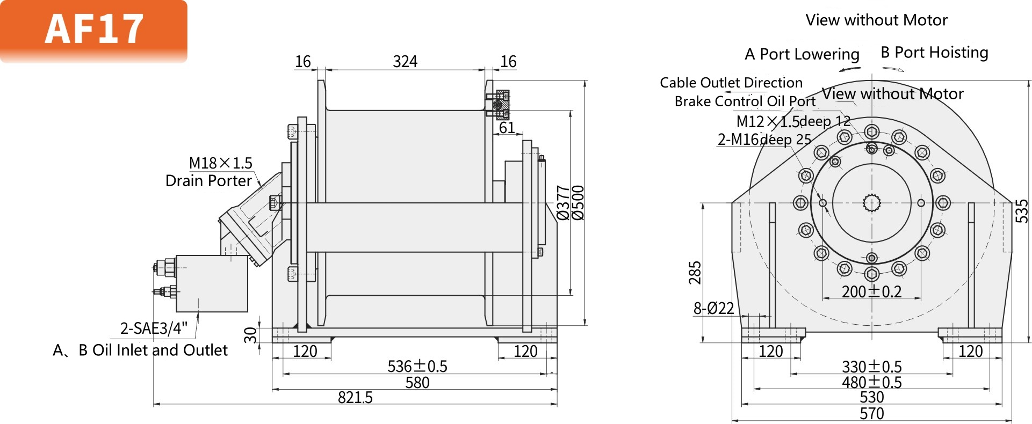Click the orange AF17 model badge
point(94,30)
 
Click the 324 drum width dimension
point(405,62)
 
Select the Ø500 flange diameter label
point(578,203)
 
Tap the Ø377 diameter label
point(563,203)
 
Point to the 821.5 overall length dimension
point(355,398)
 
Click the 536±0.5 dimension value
point(417,367)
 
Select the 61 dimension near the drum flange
point(507,128)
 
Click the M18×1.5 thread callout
point(220,163)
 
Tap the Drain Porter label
point(208,181)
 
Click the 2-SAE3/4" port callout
point(154,328)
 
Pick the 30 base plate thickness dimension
point(251,335)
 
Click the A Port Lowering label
point(802,54)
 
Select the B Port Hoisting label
point(934,53)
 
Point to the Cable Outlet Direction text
point(731,83)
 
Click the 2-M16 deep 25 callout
point(764,140)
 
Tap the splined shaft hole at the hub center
point(871,203)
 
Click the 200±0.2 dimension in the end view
point(871,292)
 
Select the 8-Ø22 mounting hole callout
point(713,309)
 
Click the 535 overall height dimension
point(1022,211)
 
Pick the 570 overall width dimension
point(871,414)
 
